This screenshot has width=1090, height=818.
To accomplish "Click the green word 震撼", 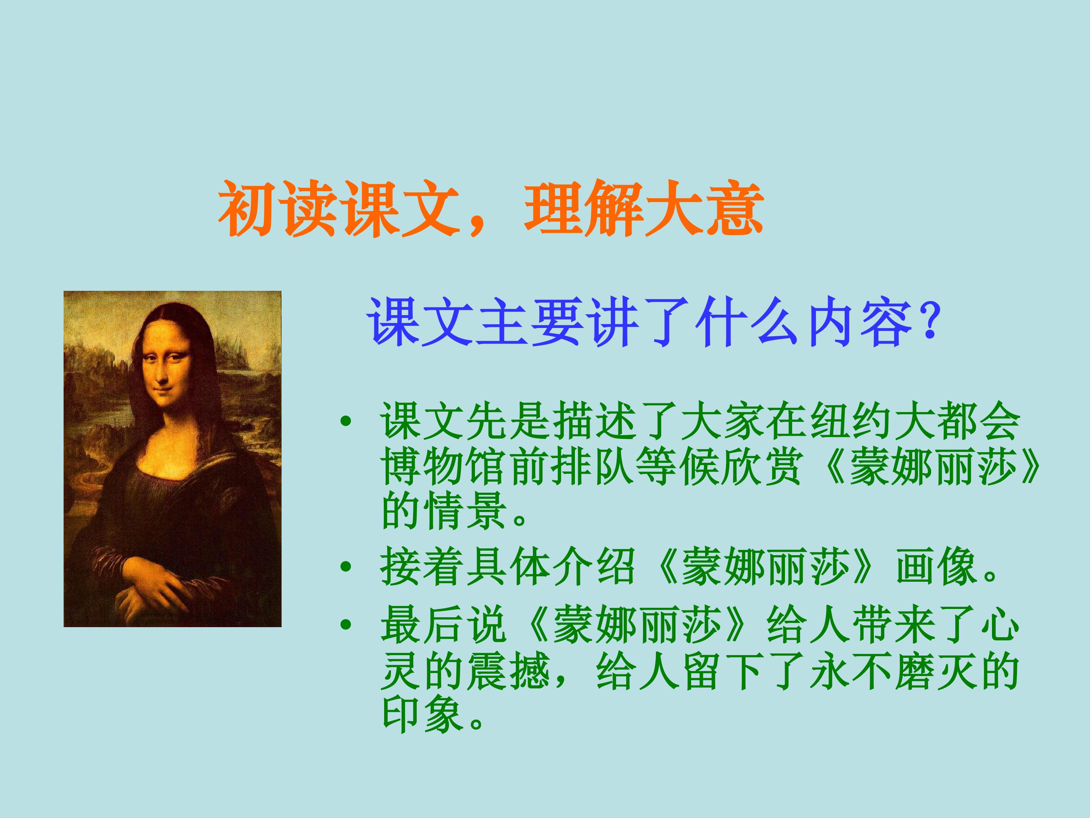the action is coord(508,671).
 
